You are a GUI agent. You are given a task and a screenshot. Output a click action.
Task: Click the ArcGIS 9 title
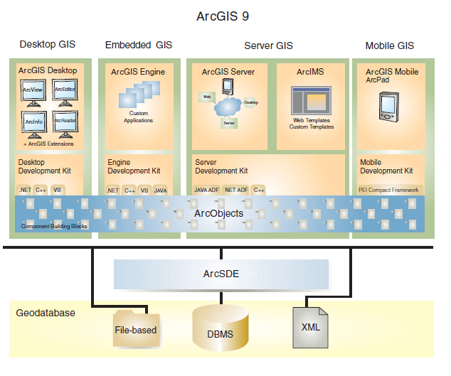[x=225, y=15]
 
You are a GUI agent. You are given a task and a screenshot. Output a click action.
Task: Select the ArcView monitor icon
[x=33, y=92]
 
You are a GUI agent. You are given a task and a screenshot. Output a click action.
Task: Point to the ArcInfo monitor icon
[x=33, y=123]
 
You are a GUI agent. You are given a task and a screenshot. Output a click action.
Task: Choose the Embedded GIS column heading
[x=138, y=45]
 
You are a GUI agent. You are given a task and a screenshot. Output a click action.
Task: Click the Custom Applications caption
[x=138, y=117]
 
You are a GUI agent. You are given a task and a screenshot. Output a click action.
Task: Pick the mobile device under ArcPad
[x=389, y=105]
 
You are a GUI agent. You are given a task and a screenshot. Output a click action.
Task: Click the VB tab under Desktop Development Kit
[x=57, y=190]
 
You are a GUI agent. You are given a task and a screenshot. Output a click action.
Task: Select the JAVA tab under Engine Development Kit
[x=160, y=190]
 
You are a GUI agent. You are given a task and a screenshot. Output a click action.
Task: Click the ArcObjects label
[x=218, y=213]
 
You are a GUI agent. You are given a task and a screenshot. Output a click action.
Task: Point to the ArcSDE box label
[x=221, y=274]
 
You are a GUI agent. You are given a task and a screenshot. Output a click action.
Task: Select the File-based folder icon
[x=134, y=327]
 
